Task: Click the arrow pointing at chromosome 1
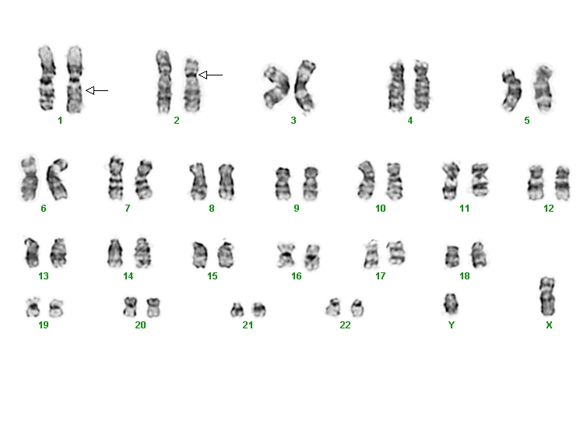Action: pos(97,90)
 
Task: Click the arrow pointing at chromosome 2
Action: pos(210,75)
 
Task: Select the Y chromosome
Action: pos(451,303)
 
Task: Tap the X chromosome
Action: pos(548,296)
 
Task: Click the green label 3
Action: pos(293,121)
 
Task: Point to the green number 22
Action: pos(345,325)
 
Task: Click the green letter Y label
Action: pos(452,325)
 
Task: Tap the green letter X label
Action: pos(549,325)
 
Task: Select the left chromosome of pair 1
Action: pos(47,79)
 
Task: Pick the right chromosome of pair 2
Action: pos(192,86)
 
